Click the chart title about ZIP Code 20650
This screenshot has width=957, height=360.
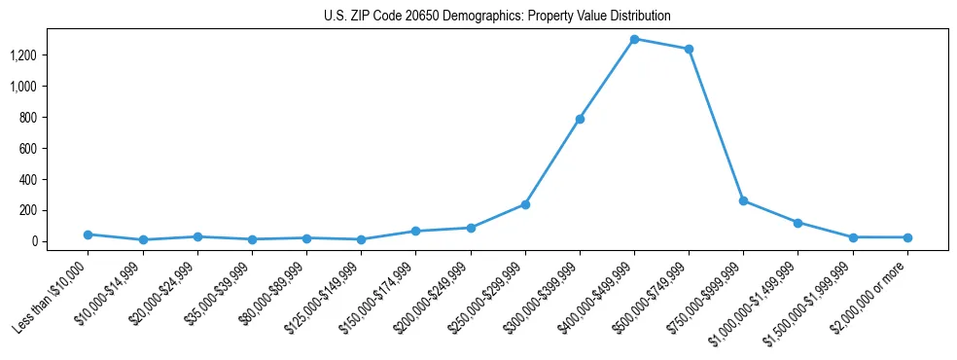[497, 17]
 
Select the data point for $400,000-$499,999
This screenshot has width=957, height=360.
[634, 39]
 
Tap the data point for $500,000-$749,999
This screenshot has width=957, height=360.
[689, 49]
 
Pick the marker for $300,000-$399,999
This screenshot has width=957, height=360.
[580, 119]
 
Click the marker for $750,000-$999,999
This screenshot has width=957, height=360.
[743, 200]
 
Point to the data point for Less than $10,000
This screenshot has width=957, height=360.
[89, 234]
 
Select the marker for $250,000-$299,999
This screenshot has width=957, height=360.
[525, 204]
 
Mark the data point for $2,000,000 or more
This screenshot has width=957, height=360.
[907, 237]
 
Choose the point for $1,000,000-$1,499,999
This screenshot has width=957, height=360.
[797, 223]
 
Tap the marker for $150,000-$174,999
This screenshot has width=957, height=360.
[415, 231]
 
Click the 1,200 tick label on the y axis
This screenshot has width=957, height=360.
[49, 55]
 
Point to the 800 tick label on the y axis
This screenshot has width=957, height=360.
[54, 118]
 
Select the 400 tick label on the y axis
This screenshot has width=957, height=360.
[54, 179]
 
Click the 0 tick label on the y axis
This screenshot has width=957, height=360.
[60, 241]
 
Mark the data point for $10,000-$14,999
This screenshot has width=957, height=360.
[143, 239]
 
